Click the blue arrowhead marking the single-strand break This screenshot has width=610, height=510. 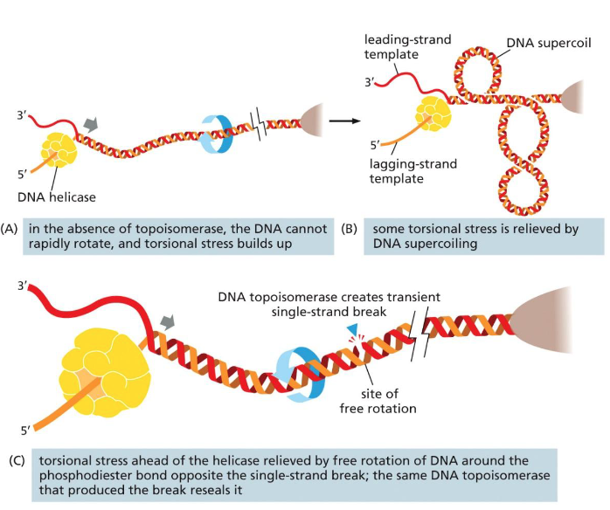350,325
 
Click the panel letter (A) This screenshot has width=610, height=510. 10,230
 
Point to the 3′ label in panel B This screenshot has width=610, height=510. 370,84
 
